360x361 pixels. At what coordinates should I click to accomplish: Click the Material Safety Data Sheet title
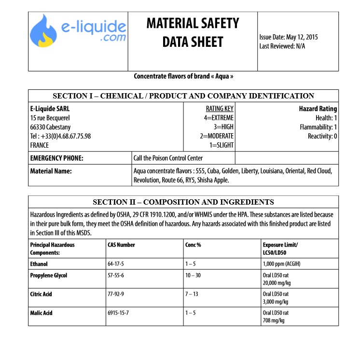pos(193,32)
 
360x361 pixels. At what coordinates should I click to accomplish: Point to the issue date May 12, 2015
pos(288,37)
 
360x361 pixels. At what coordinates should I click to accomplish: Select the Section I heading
pos(183,96)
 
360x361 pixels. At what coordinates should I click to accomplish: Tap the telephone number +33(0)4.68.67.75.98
pos(60,136)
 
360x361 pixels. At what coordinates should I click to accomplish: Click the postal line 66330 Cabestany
pos(50,127)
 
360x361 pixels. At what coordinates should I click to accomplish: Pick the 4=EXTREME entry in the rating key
pos(219,118)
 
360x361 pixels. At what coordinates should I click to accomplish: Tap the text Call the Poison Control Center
pos(168,158)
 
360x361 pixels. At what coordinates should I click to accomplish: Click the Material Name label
pos(51,171)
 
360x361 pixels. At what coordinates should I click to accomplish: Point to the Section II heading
pos(183,202)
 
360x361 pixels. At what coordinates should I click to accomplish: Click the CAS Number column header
pos(121,245)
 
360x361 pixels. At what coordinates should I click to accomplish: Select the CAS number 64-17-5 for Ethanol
pos(116,264)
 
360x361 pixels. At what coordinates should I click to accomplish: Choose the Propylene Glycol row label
pos(49,276)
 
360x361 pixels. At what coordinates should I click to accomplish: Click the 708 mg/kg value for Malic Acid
pos(274,320)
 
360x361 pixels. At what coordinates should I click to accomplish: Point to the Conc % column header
pos(193,245)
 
